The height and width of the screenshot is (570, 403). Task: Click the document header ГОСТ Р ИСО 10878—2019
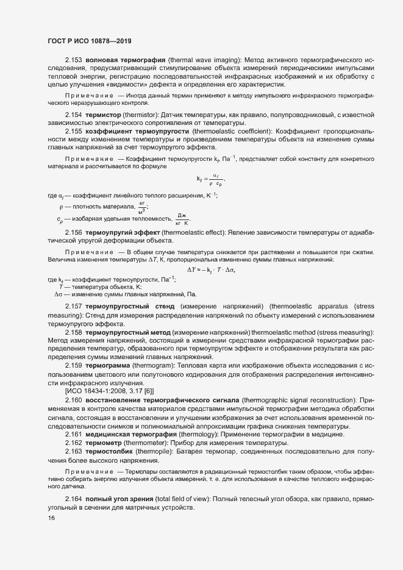89,40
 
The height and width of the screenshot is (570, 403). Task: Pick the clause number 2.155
74,131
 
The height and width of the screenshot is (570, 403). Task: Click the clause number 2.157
74,305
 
